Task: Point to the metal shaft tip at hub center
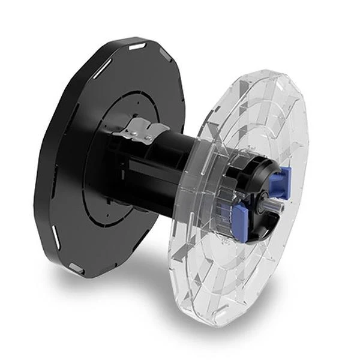268,207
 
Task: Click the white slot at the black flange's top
137,46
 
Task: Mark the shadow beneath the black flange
120,294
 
